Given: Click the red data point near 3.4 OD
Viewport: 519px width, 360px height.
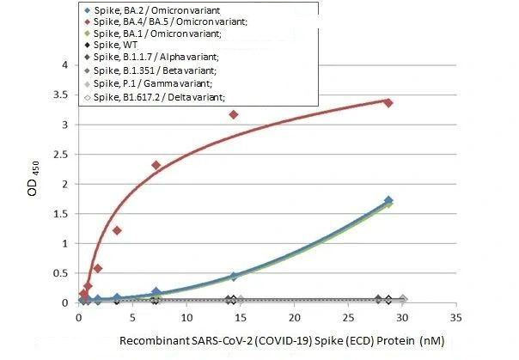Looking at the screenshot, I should pos(388,102).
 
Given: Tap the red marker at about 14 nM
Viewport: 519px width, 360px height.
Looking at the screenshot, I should pos(234,114).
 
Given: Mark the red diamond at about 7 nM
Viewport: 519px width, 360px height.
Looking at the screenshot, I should pos(156,165).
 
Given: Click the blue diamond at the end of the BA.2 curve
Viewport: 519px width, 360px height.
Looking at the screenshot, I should pos(389,201).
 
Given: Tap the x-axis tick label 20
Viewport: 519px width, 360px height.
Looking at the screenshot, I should pos(295,318).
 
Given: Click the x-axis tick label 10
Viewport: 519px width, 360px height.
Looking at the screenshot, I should pos(186,318).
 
